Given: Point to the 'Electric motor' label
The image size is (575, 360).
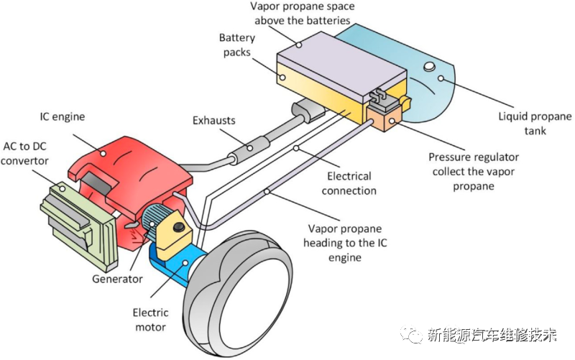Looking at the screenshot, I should pyautogui.click(x=150, y=320).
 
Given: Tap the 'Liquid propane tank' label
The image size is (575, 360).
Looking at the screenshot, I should pyautogui.click(x=535, y=124).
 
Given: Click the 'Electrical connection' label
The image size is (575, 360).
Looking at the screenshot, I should pyautogui.click(x=349, y=183).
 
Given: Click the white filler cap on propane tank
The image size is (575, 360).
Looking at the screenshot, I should pyautogui.click(x=429, y=68).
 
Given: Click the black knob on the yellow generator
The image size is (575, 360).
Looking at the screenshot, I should pyautogui.click(x=177, y=229).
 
